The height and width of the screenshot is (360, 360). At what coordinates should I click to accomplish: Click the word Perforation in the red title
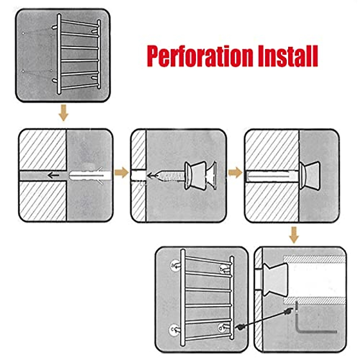coord(200,56)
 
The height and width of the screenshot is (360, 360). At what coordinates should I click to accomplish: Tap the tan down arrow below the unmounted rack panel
coord(63,113)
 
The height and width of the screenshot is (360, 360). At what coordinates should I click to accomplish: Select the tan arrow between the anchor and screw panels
coord(121,173)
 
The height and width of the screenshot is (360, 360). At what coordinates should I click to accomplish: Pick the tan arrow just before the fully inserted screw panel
coord(235,173)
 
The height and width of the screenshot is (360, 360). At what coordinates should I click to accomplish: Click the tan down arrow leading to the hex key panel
coord(294,235)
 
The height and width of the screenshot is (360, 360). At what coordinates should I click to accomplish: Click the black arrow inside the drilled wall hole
coord(54,175)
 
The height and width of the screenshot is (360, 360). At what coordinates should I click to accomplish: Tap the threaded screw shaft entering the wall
coord(168,175)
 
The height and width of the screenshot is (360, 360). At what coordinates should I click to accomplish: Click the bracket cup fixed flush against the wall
coord(309,175)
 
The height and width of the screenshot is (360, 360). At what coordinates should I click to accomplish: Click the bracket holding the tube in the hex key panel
coord(274,280)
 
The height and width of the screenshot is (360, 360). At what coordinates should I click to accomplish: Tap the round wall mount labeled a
coord(174,265)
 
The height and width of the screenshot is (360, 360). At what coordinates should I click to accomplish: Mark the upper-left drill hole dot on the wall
coord(23,33)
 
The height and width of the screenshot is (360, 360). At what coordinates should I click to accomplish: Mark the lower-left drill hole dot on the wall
coord(23,71)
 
